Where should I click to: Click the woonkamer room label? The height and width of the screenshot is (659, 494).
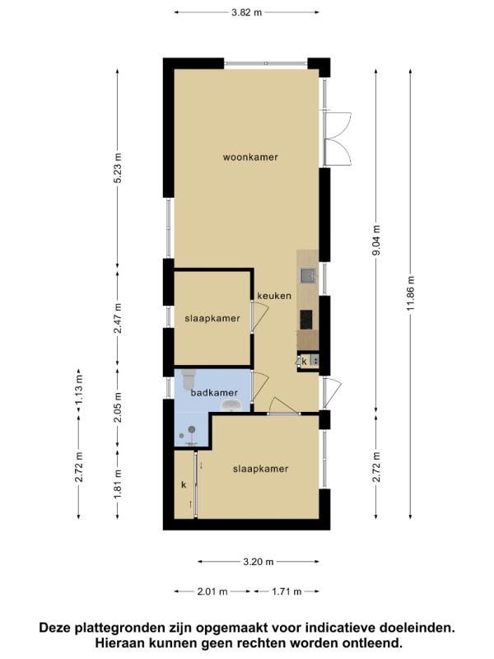[250, 157]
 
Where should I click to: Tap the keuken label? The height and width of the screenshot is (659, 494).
[274, 296]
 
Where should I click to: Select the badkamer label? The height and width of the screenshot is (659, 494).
[214, 393]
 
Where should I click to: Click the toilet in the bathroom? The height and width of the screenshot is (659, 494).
[188, 378]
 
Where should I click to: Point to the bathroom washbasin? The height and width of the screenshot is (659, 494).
[231, 405]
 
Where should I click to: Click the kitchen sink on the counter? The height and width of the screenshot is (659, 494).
[308, 275]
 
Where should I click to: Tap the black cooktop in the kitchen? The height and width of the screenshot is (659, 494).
[306, 320]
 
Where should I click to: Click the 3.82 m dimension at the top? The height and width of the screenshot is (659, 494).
[246, 12]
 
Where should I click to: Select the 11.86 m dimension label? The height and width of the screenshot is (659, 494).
[410, 293]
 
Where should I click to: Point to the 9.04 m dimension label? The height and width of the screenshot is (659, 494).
[376, 241]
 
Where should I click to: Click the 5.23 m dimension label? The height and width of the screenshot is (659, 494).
[118, 167]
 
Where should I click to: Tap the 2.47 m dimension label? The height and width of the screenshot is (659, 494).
[118, 318]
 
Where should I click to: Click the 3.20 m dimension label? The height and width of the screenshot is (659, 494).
[259, 562]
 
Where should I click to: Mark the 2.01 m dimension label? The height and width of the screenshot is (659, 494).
[212, 591]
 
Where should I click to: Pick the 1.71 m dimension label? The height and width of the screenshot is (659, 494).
[287, 591]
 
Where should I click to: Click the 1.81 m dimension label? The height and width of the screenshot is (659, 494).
[118, 484]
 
